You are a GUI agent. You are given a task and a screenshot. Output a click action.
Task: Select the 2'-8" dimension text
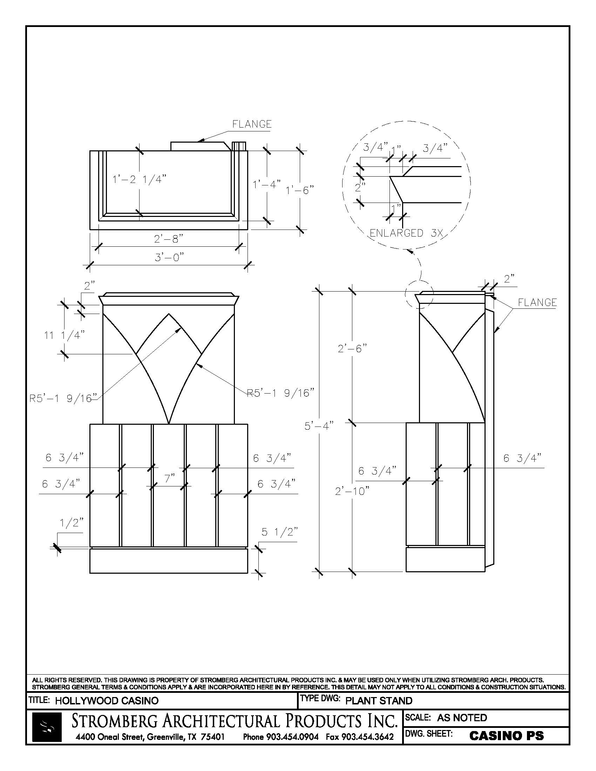click(x=169, y=239)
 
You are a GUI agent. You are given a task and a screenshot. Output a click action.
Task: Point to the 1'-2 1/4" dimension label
click(x=139, y=179)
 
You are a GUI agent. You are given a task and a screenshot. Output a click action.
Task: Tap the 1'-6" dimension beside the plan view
click(x=299, y=190)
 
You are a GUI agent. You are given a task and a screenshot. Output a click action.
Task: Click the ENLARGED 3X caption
click(x=406, y=233)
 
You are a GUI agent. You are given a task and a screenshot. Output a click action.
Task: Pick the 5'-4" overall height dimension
click(x=319, y=426)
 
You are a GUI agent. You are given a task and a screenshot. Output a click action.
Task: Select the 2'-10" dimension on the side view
click(x=352, y=491)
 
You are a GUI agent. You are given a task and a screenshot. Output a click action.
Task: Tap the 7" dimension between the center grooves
click(x=169, y=479)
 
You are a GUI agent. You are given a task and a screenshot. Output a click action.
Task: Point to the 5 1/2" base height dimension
click(x=280, y=532)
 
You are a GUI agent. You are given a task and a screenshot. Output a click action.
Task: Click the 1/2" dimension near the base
click(x=72, y=523)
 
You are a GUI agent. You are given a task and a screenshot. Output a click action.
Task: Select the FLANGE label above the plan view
click(x=252, y=124)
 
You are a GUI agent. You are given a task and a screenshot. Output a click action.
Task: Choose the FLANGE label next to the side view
click(x=537, y=302)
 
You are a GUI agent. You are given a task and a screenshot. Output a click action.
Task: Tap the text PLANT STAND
click(x=379, y=701)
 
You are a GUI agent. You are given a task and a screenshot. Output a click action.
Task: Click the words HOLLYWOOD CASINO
click(x=107, y=701)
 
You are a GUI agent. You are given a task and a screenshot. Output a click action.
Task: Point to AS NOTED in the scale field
click(x=462, y=718)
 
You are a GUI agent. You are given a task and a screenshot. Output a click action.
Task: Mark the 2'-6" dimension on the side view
click(x=352, y=349)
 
